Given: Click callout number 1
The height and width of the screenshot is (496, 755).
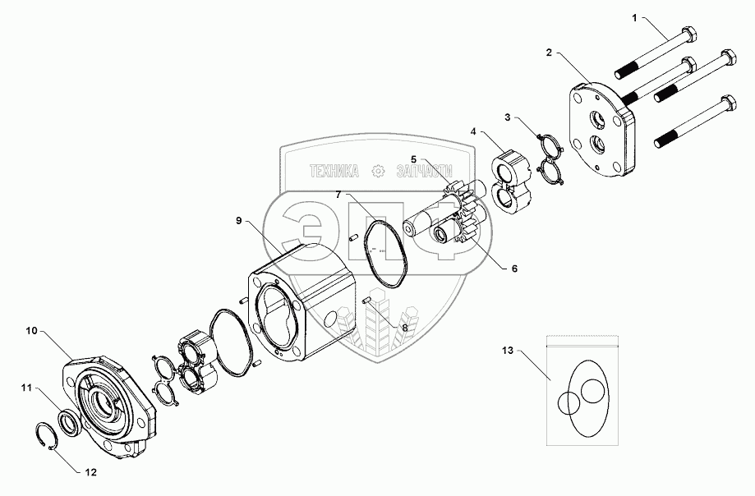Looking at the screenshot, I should (633, 16).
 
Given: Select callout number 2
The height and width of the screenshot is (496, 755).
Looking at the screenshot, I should (549, 53).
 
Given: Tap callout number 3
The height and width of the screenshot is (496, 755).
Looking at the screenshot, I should (509, 117).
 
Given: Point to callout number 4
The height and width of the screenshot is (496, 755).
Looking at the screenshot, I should (474, 131).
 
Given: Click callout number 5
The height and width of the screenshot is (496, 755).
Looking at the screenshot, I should (414, 159).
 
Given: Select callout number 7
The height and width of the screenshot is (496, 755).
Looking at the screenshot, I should (337, 195).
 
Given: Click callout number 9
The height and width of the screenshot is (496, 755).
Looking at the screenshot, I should (238, 221).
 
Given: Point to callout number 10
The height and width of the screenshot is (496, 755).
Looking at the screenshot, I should (31, 331).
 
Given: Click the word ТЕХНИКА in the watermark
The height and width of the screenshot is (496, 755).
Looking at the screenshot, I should (335, 172).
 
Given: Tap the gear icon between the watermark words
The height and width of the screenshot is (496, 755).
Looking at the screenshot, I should (379, 172).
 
